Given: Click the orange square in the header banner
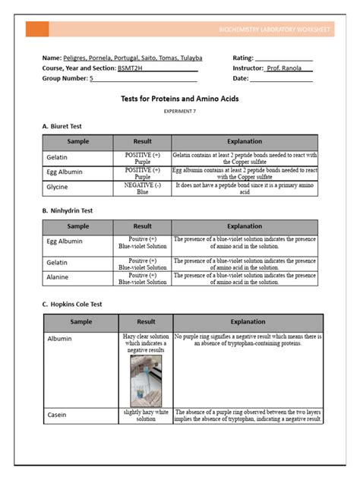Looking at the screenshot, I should click(x=37, y=30).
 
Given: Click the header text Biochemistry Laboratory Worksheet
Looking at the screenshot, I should click(x=273, y=30).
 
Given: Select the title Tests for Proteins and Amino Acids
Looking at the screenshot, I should click(x=180, y=99).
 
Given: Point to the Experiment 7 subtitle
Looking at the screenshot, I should click(x=180, y=111).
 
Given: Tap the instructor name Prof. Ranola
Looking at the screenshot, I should click(x=289, y=68).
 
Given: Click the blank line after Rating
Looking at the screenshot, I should click(x=283, y=58).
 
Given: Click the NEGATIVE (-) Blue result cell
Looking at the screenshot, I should click(x=142, y=188).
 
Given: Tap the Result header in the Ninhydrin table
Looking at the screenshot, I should click(x=142, y=226).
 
